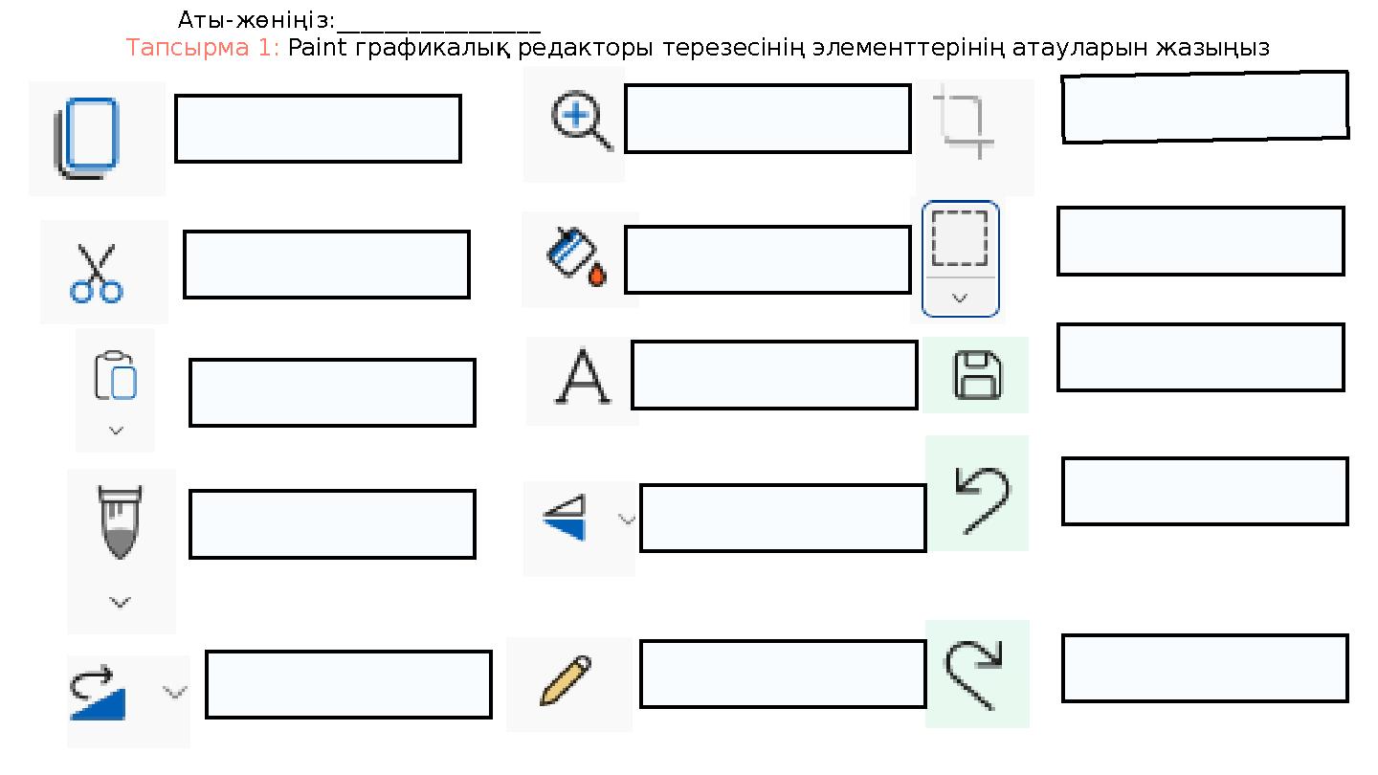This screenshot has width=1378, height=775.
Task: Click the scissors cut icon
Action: [x=97, y=274]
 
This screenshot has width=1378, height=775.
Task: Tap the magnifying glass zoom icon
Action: [x=582, y=121]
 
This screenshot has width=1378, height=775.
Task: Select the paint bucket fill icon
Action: [x=576, y=257]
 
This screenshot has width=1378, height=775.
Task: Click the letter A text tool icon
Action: [x=583, y=376]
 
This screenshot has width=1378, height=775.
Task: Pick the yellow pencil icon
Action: [x=566, y=680]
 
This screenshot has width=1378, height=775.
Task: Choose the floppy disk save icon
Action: [x=978, y=375]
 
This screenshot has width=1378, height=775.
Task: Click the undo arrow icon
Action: [x=982, y=500]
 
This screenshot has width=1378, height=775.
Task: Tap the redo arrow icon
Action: [x=973, y=675]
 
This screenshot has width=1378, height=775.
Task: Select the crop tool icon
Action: [x=964, y=126]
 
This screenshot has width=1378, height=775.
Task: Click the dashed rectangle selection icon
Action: [x=960, y=238]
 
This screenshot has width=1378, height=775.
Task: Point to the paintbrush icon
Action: [x=120, y=522]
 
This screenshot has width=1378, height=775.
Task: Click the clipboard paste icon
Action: [x=115, y=375]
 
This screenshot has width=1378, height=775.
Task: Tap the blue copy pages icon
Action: [x=86, y=138]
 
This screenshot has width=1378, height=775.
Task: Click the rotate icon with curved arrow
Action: [x=98, y=693]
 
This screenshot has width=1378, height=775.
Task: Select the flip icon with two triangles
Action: [x=565, y=518]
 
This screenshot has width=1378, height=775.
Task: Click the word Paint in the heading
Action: [x=318, y=48]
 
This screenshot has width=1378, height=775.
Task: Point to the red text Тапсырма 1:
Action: [x=203, y=48]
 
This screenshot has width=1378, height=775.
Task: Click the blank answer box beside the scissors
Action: [x=326, y=264]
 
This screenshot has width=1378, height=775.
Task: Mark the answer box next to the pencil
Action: [x=783, y=675]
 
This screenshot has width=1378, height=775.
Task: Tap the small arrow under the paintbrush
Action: [x=120, y=602]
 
